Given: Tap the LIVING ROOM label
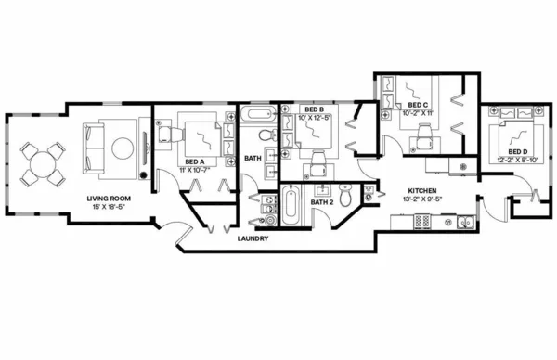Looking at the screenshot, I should click(107, 198).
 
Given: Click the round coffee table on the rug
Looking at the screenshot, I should click(122, 148).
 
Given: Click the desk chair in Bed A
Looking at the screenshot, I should click(165, 135).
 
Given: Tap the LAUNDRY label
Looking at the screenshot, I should click(253, 238).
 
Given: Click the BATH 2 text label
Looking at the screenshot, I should click(321, 201).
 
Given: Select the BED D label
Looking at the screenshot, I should click(517, 151).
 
